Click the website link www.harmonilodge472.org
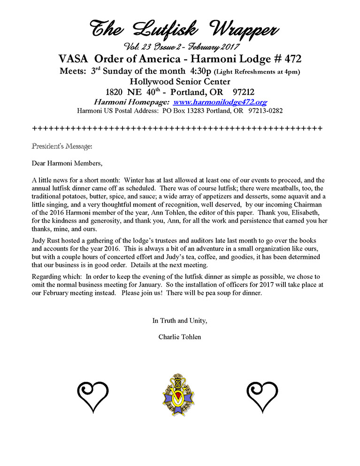pos(220,101)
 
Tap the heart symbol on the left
pos(93,396)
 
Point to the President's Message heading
pos(62,146)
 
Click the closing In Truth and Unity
pos(180,321)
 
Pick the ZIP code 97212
pos(241,92)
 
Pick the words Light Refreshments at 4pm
pos(257,71)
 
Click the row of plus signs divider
pos(177,128)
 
